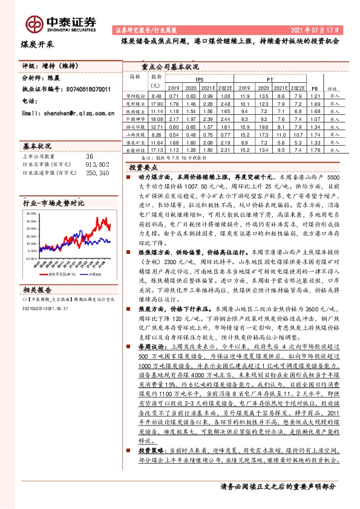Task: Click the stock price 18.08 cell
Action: click(x=156, y=120)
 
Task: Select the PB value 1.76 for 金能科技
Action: click(x=314, y=149)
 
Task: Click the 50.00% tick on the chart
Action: click(x=31, y=214)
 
